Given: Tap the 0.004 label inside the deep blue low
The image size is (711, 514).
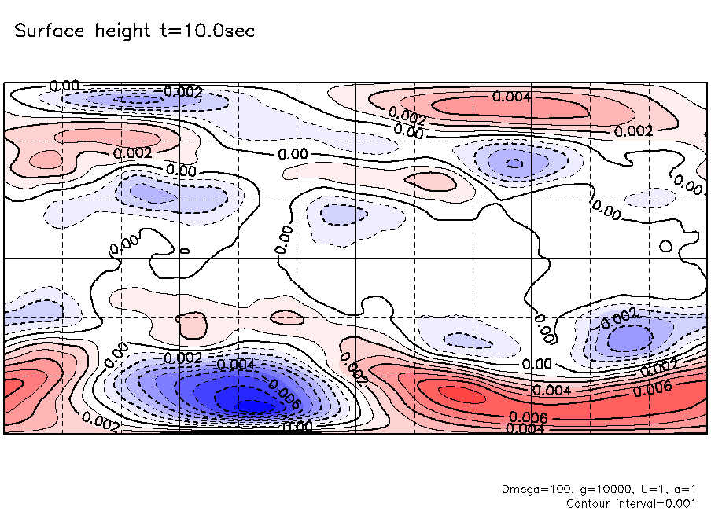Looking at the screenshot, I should click(x=235, y=365).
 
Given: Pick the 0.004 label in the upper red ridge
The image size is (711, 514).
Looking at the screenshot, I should click(x=512, y=97).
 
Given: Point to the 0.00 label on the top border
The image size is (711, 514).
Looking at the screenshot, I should click(x=64, y=86).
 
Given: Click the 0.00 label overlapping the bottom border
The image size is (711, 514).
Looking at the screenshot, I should click(x=297, y=427).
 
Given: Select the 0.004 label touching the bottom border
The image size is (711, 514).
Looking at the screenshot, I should click(x=525, y=428).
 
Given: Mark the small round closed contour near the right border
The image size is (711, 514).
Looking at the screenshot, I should click(x=665, y=247).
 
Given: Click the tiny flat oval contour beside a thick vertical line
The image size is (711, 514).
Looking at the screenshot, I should click(x=185, y=251).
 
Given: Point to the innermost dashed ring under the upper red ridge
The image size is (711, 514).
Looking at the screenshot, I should click(x=514, y=163).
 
